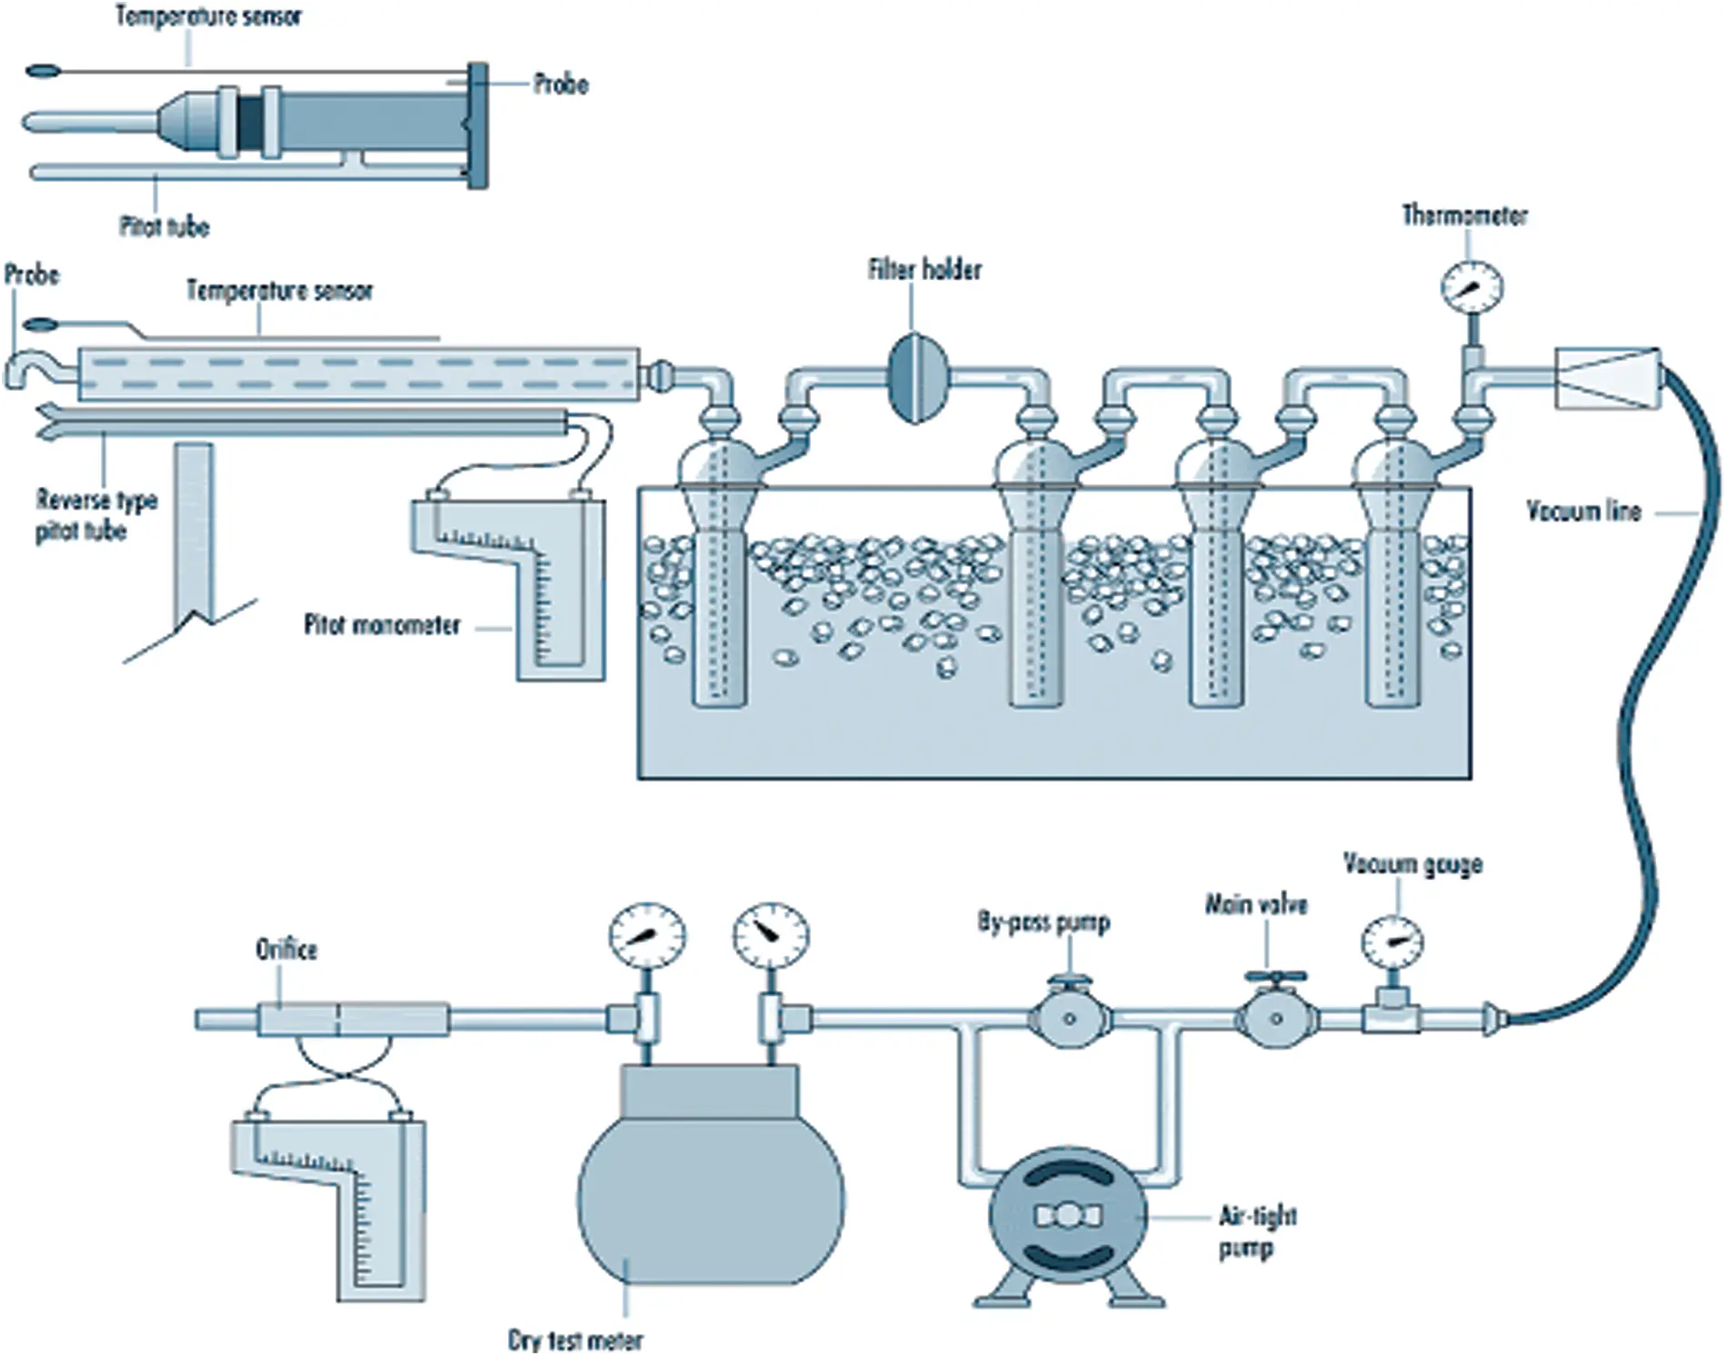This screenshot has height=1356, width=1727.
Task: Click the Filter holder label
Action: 924,270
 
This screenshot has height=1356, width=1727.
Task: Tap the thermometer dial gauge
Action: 1472,288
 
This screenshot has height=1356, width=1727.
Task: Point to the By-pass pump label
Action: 1043,922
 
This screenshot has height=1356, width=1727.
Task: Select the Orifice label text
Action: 286,950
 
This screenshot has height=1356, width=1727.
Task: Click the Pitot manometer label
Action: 382,625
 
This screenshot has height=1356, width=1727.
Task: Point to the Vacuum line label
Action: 1583,512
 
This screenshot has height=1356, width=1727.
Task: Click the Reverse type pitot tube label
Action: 96,515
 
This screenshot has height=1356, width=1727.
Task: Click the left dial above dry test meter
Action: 647,936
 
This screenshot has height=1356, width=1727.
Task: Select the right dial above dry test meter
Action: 771,936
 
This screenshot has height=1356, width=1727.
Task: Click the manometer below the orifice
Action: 345,1200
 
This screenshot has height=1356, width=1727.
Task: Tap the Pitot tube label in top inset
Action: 165,226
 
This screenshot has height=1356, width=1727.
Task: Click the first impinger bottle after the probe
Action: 718,563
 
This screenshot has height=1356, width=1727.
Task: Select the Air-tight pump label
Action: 1257,1231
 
